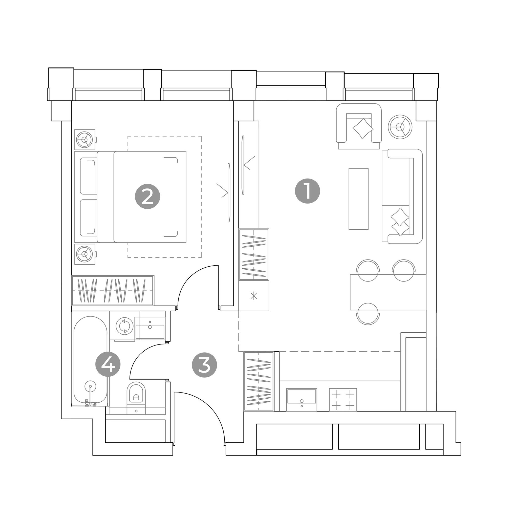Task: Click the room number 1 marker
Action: (x=307, y=191)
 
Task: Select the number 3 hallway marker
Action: (x=204, y=365)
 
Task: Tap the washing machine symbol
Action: (x=124, y=326)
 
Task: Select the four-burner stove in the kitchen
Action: (x=343, y=399)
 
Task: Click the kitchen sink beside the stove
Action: (x=302, y=399)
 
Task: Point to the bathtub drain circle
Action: (x=90, y=386)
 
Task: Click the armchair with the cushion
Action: (x=359, y=126)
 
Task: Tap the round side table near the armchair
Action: (x=400, y=127)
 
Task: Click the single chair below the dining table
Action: (x=368, y=314)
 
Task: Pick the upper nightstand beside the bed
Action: (x=85, y=139)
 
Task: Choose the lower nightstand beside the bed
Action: (x=85, y=254)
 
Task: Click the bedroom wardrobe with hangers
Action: (x=113, y=290)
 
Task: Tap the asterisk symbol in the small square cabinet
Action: (x=254, y=296)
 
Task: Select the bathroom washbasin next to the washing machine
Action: (x=150, y=328)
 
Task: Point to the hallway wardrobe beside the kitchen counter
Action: (x=259, y=381)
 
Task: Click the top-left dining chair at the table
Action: (x=368, y=270)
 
